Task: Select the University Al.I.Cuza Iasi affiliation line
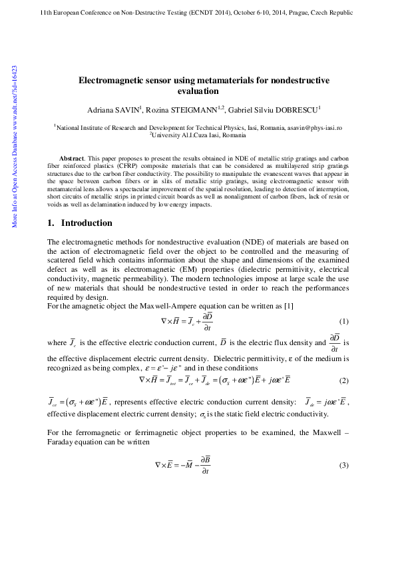click(198, 135)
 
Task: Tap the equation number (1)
click(344, 321)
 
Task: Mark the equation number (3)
click(344, 464)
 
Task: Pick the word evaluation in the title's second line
click(198, 91)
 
